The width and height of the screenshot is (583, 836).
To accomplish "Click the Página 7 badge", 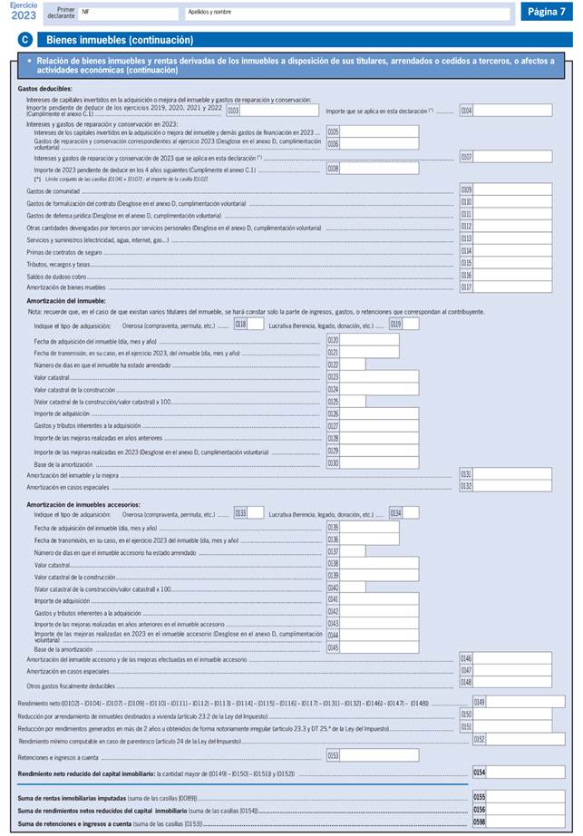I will coord(548,12).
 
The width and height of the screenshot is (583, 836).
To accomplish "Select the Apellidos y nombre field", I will coord(345,14).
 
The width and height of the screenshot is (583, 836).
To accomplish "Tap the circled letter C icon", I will coord(24,40).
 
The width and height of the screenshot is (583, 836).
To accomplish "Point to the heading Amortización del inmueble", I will coord(66,300).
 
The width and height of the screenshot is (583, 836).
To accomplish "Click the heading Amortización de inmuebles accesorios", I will coord(83,503).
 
